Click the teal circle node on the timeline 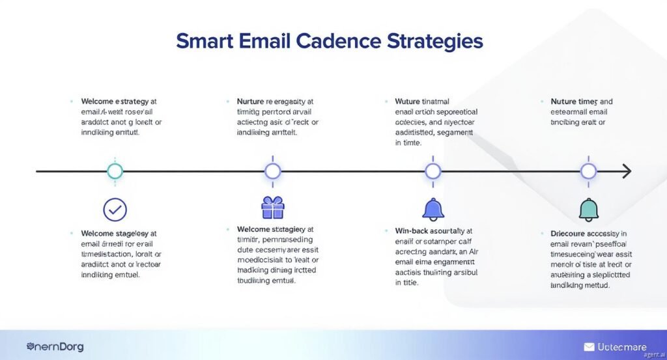coord(115,171)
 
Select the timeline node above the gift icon coord(272,171)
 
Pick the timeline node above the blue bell coord(433,171)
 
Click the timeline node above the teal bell coord(588,171)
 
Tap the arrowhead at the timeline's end coord(627,171)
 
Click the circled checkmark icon coord(115,210)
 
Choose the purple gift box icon coord(272,208)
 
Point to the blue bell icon coord(433,209)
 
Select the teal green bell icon coord(588,209)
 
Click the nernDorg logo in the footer coord(55,347)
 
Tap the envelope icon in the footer coord(589,347)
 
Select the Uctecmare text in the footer coord(623,347)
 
